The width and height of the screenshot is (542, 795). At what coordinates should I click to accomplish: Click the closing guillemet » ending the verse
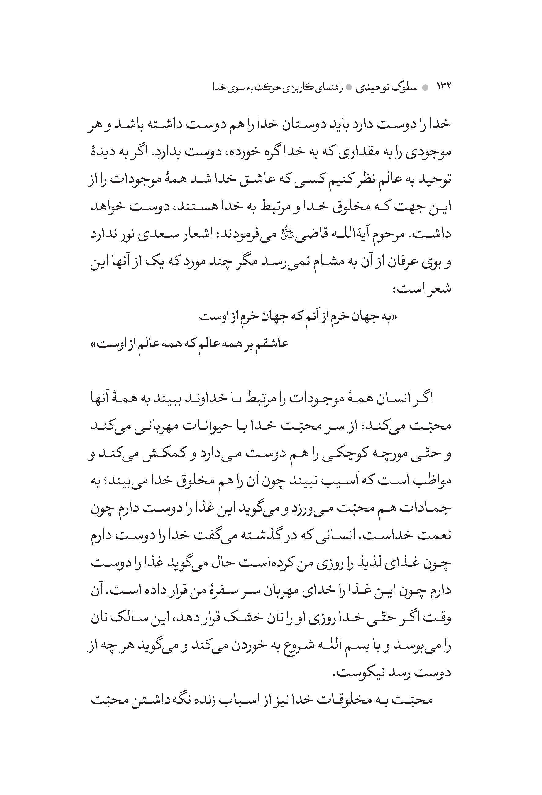[x=93, y=344]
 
